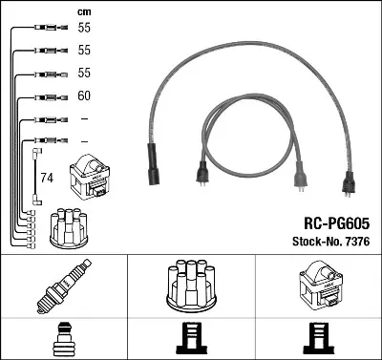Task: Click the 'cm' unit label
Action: point(84,12)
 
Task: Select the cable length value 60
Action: point(84,95)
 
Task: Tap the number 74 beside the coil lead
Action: point(47,178)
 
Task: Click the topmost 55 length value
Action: point(84,28)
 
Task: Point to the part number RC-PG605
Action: point(337,223)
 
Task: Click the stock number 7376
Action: point(357,242)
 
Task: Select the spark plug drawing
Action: point(64,286)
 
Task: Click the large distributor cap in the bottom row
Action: point(192,286)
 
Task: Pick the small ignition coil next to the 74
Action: point(90,177)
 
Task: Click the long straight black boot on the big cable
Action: point(154,164)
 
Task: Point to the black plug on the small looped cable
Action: point(202,174)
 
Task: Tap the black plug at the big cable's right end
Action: point(348,183)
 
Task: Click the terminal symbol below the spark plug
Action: point(64,339)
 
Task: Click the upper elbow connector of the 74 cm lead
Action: point(37,153)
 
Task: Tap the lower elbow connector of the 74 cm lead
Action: point(37,200)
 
